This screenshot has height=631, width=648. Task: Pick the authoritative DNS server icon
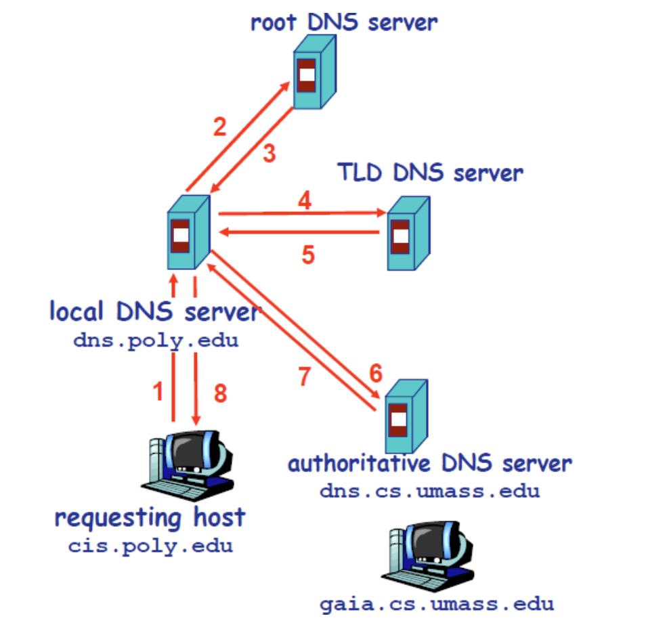[x=405, y=415]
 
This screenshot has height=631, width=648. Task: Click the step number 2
[x=219, y=127]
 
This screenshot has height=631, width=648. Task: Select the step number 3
[x=269, y=154]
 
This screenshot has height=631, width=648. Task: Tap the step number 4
[x=305, y=200]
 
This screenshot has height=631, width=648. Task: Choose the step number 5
[x=308, y=255]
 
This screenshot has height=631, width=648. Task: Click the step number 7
[x=305, y=376]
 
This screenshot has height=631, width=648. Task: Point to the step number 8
[x=220, y=393]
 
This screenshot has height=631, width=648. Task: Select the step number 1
[x=158, y=392]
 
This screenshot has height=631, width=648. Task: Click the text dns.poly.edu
[x=156, y=340]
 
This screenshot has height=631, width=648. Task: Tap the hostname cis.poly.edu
[x=150, y=546]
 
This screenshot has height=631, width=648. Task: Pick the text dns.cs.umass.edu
[x=430, y=490]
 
